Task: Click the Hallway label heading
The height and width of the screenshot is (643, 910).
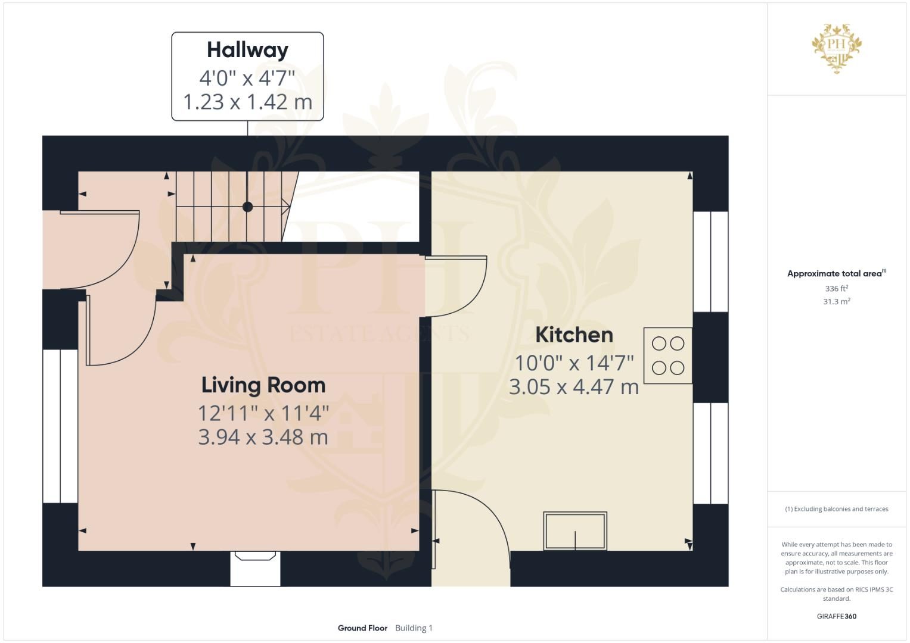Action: [x=247, y=50]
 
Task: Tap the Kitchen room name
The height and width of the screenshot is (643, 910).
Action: [x=574, y=335]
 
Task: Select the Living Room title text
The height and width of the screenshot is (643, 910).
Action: [x=263, y=385]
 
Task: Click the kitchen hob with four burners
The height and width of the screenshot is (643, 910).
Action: [x=667, y=355]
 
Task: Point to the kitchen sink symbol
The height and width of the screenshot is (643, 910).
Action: [x=575, y=530]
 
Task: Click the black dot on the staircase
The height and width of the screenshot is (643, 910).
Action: [x=247, y=207]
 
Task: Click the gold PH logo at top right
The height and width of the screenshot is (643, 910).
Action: [x=837, y=48]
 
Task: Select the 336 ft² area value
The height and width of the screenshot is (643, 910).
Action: [x=836, y=289]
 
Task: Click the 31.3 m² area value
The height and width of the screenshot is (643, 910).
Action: [x=836, y=301]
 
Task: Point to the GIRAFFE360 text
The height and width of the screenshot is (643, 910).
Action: [x=836, y=616]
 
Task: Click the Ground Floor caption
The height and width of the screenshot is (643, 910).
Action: [x=362, y=628]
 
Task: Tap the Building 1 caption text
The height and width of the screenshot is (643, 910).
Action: [x=414, y=628]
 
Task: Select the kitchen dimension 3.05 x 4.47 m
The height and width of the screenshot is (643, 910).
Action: [x=574, y=387]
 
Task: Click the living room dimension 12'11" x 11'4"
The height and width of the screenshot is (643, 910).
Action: [x=263, y=413]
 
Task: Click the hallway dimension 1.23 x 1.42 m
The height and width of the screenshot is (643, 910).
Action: [x=247, y=102]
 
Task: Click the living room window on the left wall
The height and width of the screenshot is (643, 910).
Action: [x=60, y=426]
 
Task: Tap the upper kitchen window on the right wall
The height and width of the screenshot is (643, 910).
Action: [x=710, y=261]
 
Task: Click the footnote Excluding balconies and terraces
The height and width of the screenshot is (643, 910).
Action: [x=836, y=509]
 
